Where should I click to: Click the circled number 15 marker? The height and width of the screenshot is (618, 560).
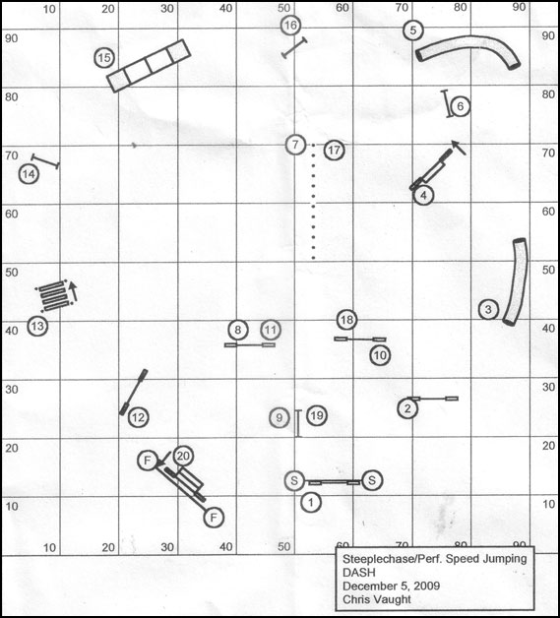(x=104, y=58)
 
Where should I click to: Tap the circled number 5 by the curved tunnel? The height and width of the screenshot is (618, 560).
(x=412, y=30)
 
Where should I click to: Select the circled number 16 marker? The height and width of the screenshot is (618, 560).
(x=290, y=26)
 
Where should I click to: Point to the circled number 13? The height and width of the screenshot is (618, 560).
(x=37, y=327)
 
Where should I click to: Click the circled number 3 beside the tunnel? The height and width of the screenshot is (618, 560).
(x=488, y=309)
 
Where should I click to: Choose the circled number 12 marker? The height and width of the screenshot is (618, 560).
(x=139, y=417)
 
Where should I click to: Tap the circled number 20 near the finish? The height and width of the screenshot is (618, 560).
(x=183, y=456)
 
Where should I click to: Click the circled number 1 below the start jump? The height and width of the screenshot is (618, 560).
(x=311, y=503)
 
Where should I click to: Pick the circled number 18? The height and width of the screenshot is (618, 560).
(x=346, y=320)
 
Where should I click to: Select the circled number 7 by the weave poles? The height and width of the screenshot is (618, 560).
(x=295, y=145)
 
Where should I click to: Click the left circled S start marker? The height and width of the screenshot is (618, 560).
(x=294, y=480)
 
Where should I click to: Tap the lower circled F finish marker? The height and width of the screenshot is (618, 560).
(x=214, y=517)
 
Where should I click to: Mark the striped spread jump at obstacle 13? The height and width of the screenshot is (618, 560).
(x=54, y=296)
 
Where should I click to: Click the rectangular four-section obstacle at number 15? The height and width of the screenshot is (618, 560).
(x=149, y=66)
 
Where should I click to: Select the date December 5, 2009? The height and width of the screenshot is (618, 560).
(x=391, y=586)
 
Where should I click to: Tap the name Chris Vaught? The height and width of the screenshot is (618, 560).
(x=376, y=599)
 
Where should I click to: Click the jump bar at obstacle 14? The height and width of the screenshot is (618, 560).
(x=45, y=161)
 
